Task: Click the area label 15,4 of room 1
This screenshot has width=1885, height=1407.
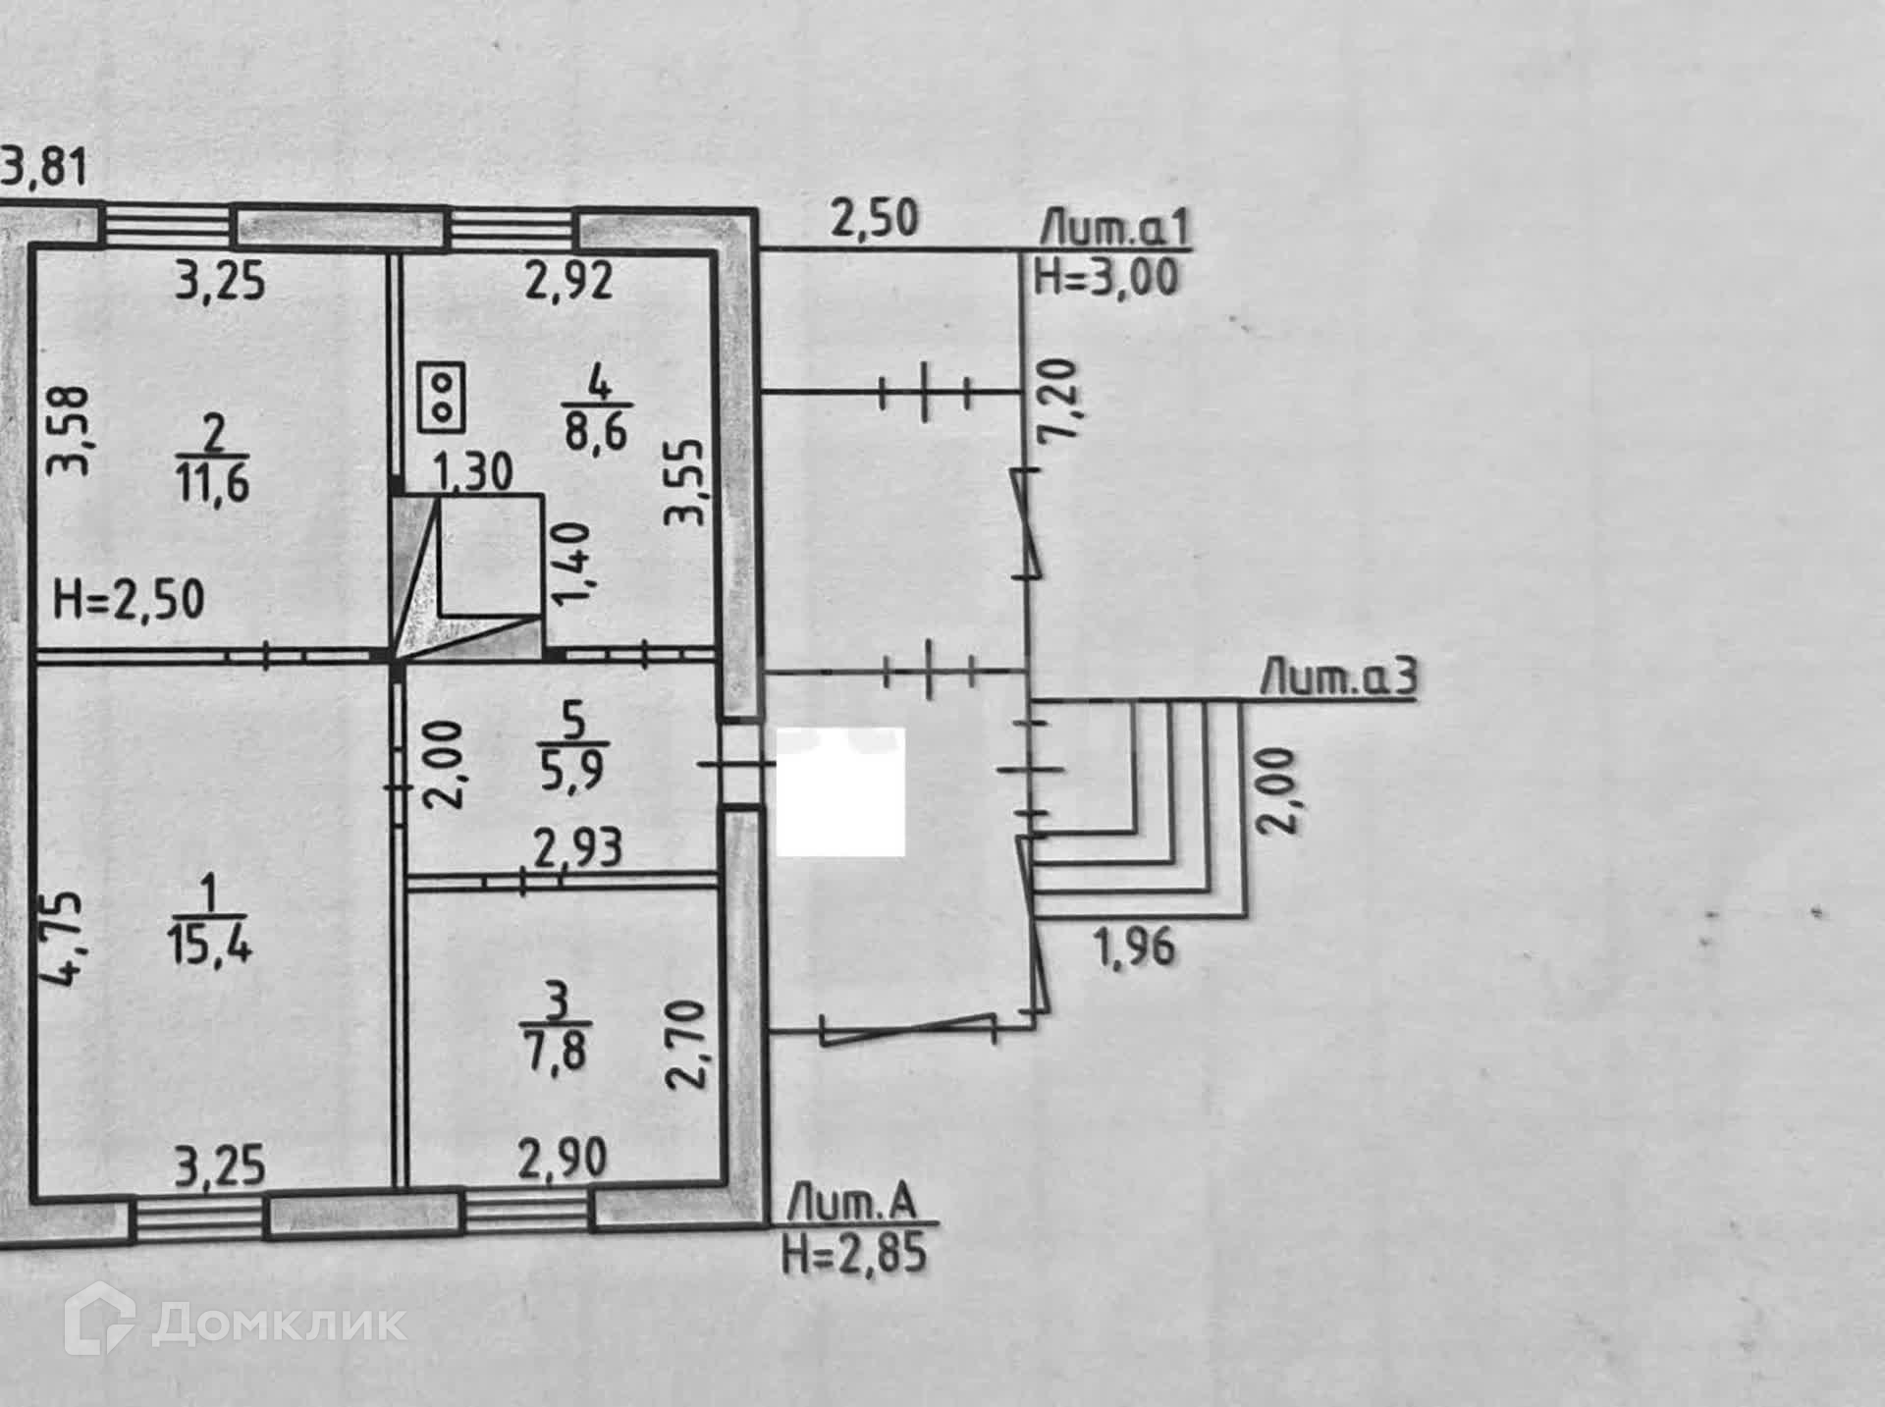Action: tap(211, 947)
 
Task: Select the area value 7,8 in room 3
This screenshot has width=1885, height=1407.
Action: tap(556, 1052)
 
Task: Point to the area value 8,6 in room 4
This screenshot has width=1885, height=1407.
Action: tap(596, 431)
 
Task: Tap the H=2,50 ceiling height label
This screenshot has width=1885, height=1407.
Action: tap(129, 599)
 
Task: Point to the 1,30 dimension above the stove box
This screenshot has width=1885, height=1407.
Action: tap(472, 472)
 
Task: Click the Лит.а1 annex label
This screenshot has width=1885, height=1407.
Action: tap(1115, 230)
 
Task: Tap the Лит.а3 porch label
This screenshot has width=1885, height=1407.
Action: tap(1338, 679)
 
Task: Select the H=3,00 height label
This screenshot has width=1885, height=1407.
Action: tap(1106, 278)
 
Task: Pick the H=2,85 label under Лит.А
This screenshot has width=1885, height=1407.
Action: tap(853, 1254)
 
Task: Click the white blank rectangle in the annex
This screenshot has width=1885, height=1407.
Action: tap(840, 791)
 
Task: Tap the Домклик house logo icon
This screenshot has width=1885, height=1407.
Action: tap(99, 1322)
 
